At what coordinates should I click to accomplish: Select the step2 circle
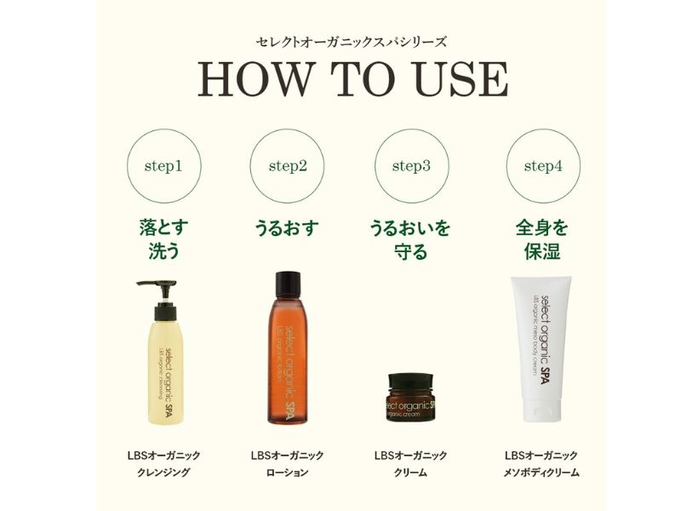tap(288, 166)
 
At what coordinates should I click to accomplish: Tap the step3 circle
tap(411, 166)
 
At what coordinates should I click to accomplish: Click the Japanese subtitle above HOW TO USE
tap(351, 41)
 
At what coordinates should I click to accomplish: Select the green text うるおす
tap(288, 228)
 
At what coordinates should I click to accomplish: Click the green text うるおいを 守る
tap(411, 240)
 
